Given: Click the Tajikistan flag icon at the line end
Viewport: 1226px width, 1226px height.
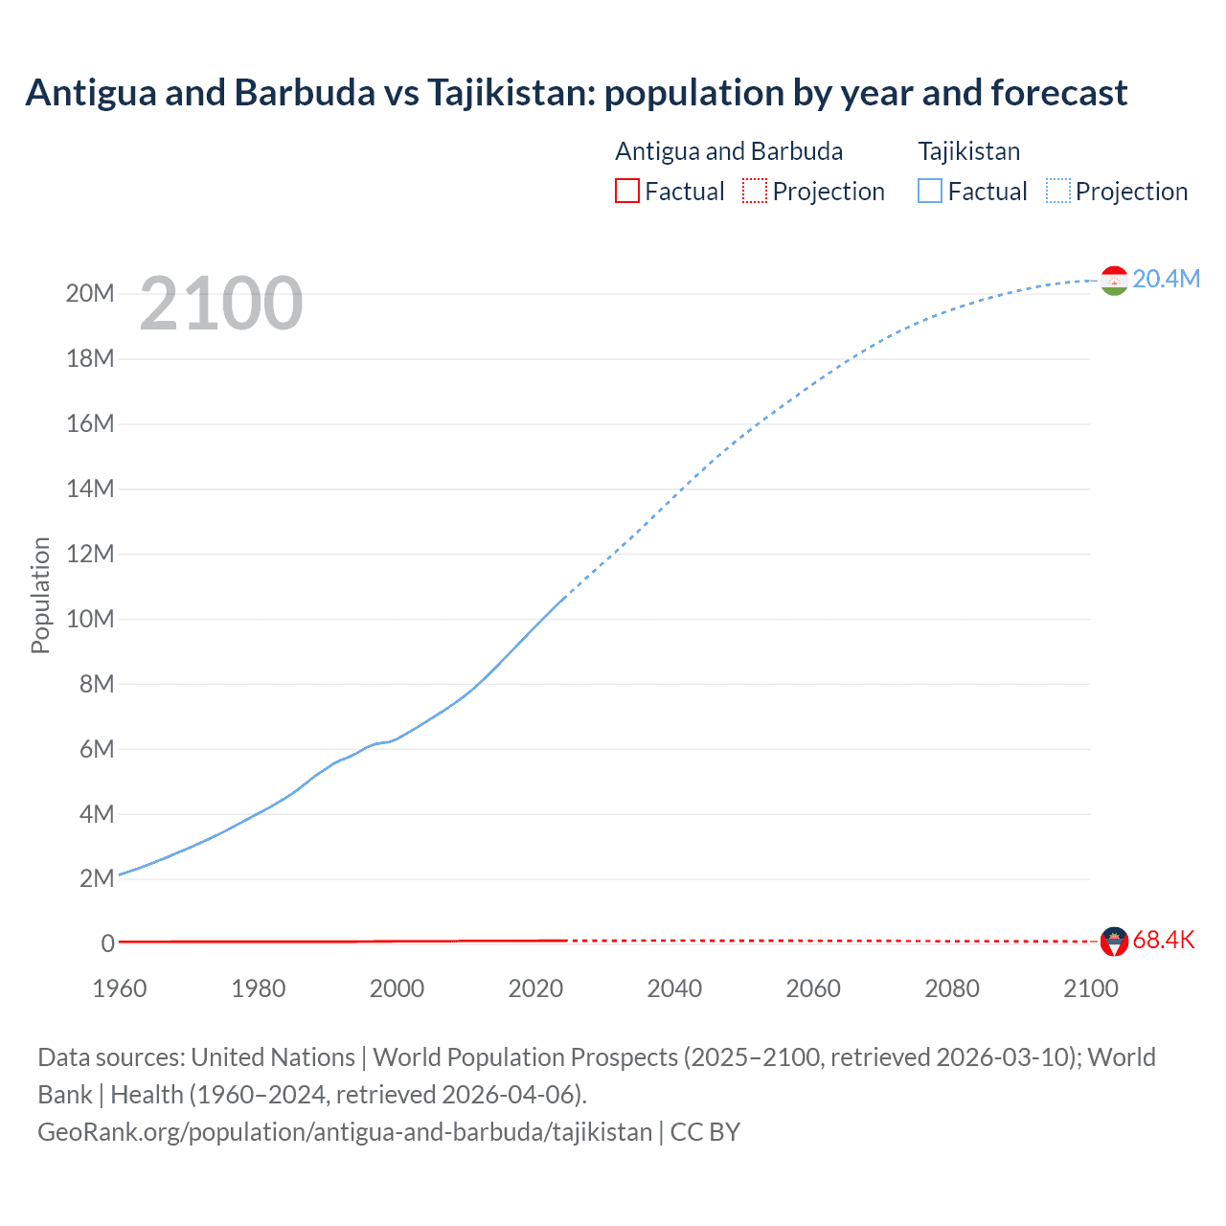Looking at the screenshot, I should point(1114,280).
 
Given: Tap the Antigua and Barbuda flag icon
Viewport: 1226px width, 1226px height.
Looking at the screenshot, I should point(1114,941).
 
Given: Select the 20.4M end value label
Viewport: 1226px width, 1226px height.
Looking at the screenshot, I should point(1166,279).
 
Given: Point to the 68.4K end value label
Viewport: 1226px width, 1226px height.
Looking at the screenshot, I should point(1164,940).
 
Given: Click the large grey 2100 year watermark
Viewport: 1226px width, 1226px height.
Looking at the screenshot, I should point(221,304).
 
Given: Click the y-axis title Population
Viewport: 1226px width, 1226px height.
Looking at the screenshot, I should point(40,595).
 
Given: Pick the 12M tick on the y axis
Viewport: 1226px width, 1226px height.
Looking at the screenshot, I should point(90,554).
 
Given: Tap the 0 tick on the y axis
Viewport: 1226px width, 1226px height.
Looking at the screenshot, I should point(107,943).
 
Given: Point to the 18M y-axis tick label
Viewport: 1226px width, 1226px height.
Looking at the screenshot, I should point(90,358).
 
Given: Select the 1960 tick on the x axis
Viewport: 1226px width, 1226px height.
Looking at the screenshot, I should point(120,988).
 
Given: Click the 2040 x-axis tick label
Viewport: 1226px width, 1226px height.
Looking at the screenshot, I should point(674,988).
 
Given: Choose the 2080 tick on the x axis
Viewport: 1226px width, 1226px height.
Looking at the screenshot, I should point(952,988).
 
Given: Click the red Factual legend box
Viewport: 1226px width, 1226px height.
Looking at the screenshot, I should point(627,191).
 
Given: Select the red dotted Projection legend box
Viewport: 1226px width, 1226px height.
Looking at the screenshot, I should point(755,191).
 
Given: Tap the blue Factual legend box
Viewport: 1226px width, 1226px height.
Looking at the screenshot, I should point(930,191).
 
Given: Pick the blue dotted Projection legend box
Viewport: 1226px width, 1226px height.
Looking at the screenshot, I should point(1058,191).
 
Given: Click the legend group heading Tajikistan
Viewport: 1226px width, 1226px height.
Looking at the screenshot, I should point(969,151).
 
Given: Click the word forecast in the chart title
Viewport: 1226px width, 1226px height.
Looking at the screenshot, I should point(1059,93).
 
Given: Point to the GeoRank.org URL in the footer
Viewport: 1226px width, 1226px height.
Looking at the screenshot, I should point(345,1132).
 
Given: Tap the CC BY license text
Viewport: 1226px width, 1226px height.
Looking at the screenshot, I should point(705,1132).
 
